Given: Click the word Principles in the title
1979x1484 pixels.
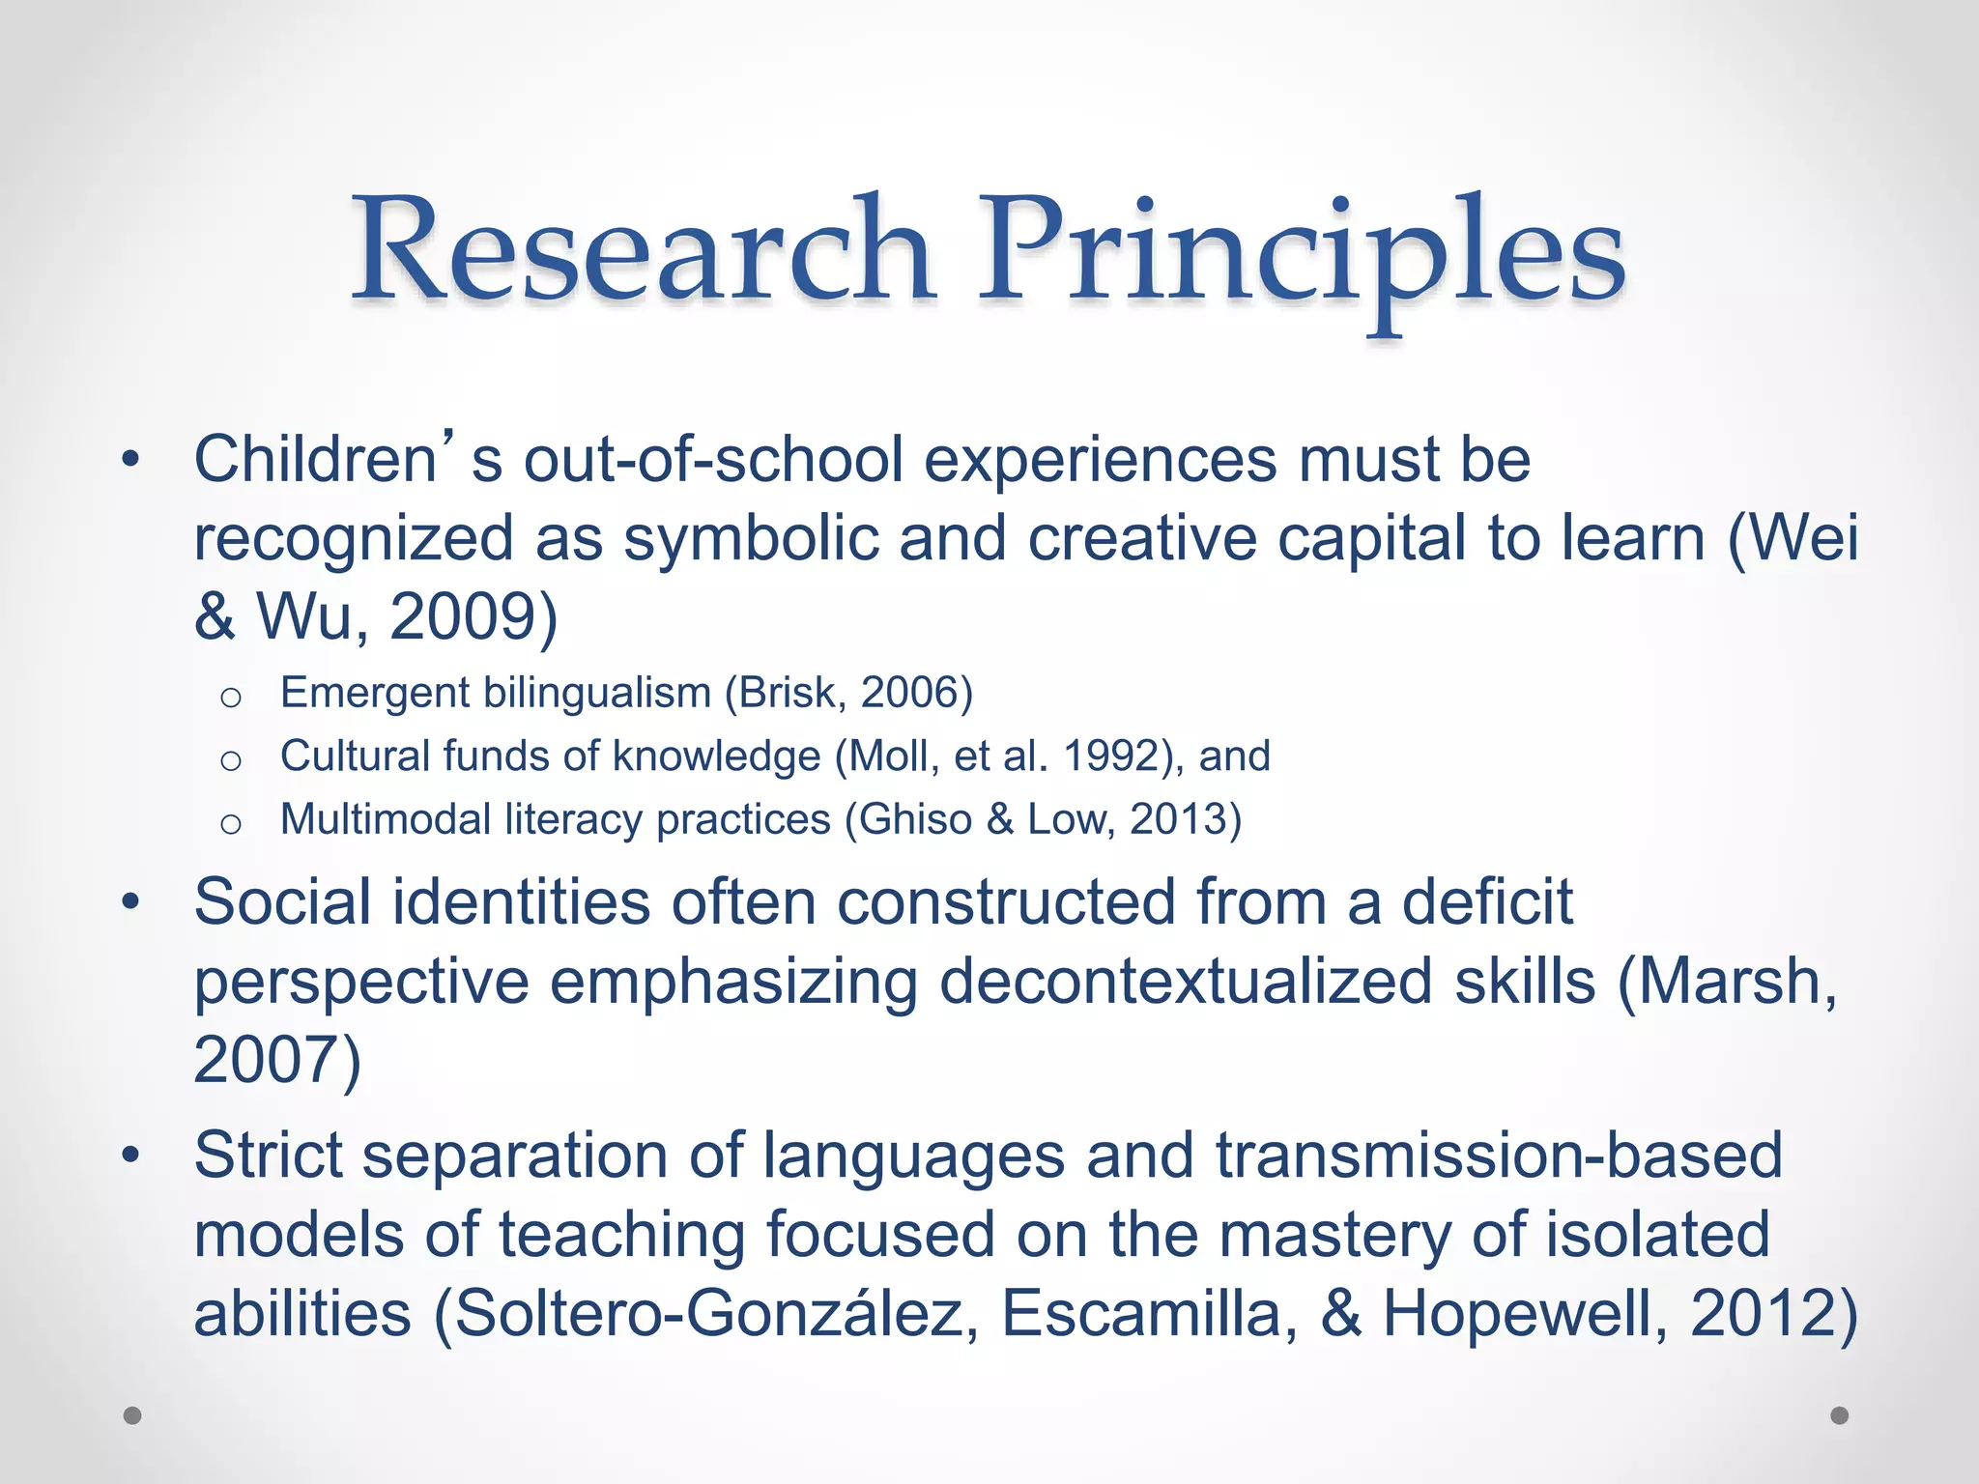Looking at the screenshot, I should coord(1302,253).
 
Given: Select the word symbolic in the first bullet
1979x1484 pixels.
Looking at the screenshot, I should coord(751,538).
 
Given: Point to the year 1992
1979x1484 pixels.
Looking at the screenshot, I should coord(1110,756).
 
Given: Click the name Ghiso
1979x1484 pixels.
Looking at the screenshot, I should coord(915,819).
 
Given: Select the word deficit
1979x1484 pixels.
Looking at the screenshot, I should coord(1487,902).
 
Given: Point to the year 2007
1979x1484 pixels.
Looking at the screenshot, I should coord(265,1060).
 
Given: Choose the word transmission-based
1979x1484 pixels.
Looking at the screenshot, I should coord(1498,1156).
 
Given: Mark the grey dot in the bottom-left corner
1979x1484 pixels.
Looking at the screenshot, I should coord(132,1415).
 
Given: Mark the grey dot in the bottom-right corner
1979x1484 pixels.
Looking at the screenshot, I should coord(1840,1415).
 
